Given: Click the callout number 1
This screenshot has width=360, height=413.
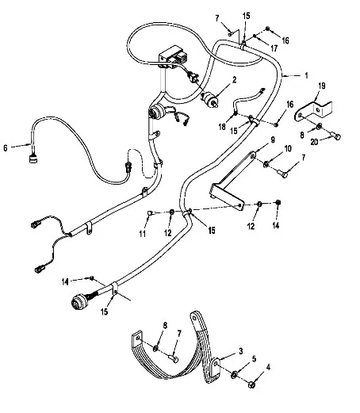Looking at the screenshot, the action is coord(306,75).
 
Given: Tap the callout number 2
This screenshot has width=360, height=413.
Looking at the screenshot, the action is coord(234,79).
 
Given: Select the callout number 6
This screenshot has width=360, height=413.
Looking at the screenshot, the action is coord(6,148).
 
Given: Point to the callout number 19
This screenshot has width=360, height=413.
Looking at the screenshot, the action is coord(322,86).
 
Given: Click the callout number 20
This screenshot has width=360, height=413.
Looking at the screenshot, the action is coord(314,142).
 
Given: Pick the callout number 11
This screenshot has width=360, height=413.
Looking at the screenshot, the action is coord(143,234).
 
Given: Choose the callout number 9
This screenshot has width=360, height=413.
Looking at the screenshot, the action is coord(273,140).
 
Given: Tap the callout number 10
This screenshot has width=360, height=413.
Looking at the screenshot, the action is coord(288,149).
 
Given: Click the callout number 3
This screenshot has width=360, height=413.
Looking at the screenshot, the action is coord(241,351).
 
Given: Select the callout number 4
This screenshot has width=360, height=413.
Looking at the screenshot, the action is coord(268,367).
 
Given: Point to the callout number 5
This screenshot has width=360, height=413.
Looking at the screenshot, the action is coord(254,359).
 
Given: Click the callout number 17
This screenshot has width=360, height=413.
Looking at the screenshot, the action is coord(274,48).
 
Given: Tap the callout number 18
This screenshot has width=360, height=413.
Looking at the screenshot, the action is coord(222,127).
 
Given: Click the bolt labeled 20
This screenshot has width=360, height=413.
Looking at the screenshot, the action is coord(335,136).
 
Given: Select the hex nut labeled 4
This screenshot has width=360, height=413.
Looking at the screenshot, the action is coord(251,384).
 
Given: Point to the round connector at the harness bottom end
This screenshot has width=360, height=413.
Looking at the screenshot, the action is coord(79,301).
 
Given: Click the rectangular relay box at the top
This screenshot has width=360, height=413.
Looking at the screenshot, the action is coord(173,57).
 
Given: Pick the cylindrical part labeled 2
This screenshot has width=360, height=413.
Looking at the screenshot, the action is coord(210,100).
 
